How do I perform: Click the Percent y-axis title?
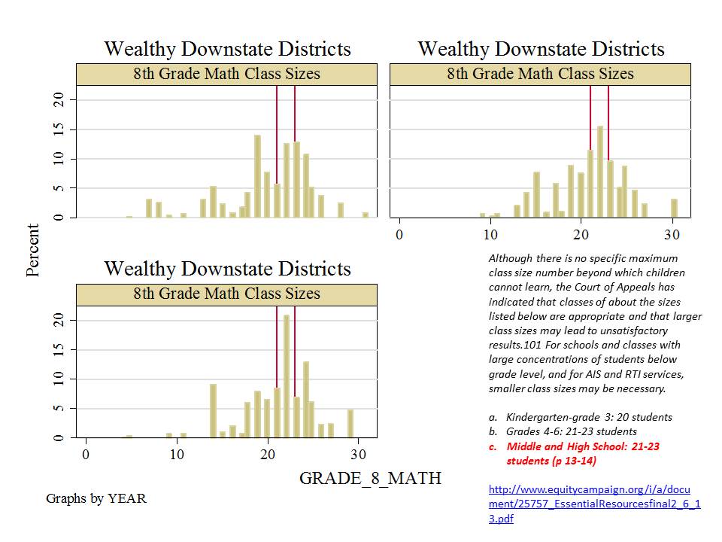[x=33, y=250]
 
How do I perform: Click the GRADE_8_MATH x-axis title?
[x=370, y=478]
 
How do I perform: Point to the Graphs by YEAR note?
[x=96, y=498]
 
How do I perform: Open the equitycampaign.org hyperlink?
[x=594, y=504]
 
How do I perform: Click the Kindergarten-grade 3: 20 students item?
[x=589, y=417]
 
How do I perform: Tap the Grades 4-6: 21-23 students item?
[x=572, y=431]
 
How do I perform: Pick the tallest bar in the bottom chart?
[x=287, y=376]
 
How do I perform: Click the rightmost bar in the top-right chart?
[x=674, y=209]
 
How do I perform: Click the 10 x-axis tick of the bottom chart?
[x=176, y=455]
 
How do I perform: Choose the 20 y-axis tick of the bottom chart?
[x=63, y=321]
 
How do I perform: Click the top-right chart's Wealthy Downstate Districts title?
[x=541, y=50]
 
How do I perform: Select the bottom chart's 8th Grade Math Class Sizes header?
[x=226, y=294]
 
